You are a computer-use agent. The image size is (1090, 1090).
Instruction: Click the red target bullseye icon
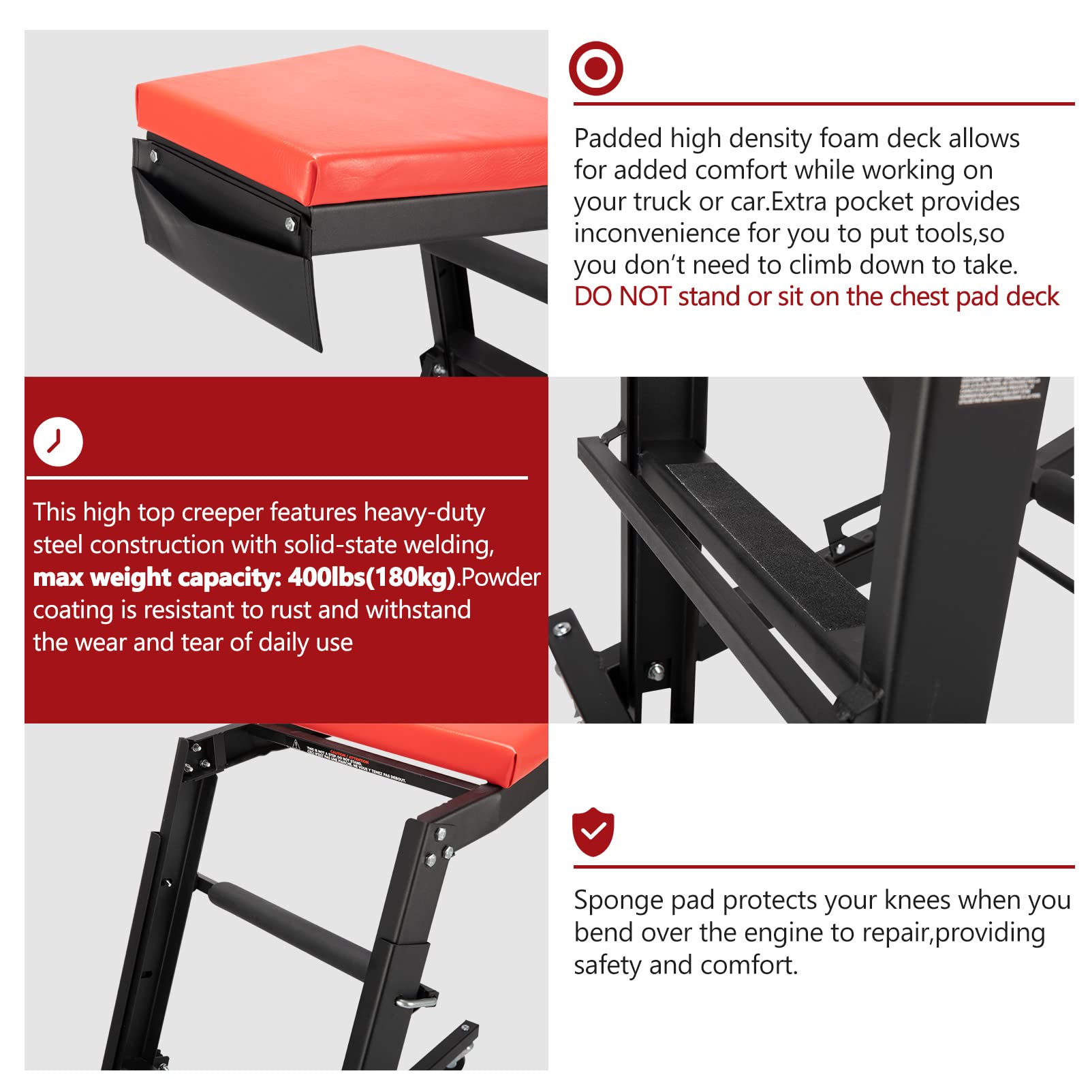[595, 68]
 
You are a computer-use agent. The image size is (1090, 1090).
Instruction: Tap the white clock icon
[58, 441]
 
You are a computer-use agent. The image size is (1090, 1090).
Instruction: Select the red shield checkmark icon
[593, 832]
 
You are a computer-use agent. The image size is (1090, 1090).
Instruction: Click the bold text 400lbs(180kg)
[371, 578]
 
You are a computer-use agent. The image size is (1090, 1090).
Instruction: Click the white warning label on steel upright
[998, 391]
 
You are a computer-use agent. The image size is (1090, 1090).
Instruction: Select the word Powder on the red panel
[501, 578]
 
